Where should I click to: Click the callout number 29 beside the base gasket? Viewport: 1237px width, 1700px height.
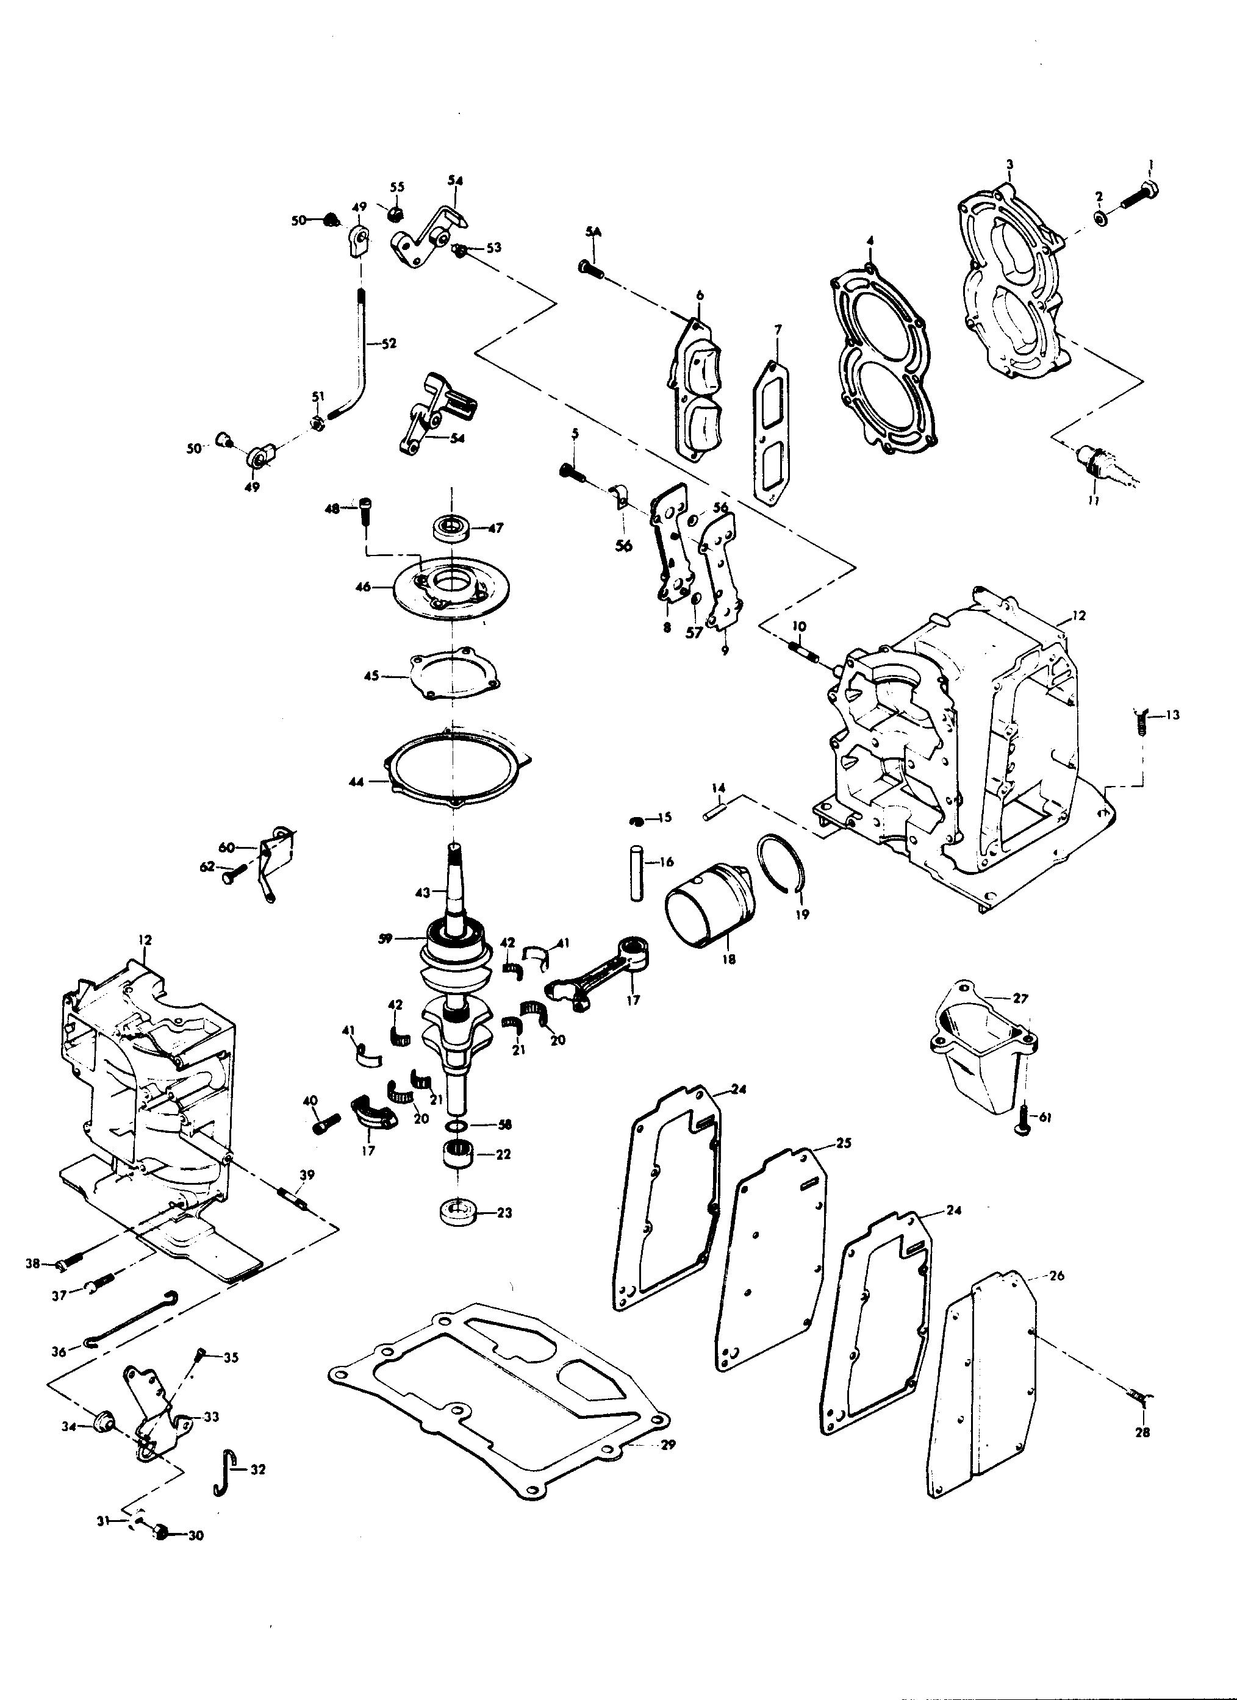(668, 1445)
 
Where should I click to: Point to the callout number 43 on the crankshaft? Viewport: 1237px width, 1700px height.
(422, 892)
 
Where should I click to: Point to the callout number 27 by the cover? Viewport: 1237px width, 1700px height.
(1020, 998)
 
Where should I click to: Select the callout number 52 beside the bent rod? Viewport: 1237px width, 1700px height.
(389, 343)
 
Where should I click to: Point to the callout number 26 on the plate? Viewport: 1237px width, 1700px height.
(1056, 1275)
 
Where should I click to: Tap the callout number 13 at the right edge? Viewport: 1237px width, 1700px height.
(1172, 715)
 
